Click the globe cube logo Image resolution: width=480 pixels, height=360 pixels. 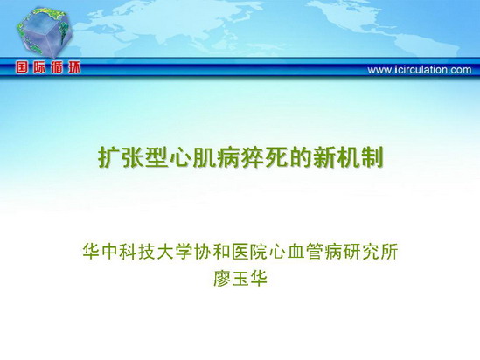pos(44,32)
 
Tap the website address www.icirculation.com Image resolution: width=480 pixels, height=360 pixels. pos(420,70)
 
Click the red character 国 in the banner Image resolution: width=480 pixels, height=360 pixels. pos(22,67)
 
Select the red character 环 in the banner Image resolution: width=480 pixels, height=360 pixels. pos(74,67)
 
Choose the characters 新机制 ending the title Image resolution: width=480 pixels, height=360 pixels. pos(348,158)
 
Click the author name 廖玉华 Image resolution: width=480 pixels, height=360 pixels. pos(240,279)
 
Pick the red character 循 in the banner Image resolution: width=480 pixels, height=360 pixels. pos(57,67)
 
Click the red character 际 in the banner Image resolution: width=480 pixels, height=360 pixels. pos(39,67)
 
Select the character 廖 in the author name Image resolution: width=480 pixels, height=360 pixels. pos(222,279)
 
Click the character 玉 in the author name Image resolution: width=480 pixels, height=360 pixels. pos(240,279)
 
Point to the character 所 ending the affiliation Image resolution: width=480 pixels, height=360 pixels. pos(389,252)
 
